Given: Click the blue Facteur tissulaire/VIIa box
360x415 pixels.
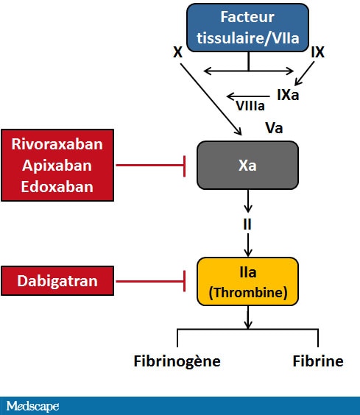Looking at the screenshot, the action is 247,27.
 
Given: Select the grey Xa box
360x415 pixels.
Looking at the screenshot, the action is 247,165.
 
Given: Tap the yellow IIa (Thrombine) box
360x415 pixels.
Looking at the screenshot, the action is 247,281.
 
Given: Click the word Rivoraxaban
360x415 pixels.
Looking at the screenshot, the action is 57,144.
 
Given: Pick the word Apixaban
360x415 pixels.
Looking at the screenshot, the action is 57,166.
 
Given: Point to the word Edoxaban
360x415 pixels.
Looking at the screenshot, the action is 57,187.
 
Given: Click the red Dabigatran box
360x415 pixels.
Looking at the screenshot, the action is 57,280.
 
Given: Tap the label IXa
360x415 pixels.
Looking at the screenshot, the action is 288,95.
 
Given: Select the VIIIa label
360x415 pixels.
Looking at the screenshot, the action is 250,106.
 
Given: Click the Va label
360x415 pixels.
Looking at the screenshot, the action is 274,128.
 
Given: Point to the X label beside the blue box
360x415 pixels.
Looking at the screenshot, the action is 177,52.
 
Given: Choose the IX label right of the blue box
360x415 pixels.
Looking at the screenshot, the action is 317,52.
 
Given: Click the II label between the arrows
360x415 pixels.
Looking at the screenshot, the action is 247,224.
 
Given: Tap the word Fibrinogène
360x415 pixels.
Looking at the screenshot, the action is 177,361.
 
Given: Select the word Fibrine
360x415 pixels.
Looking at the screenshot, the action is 318,361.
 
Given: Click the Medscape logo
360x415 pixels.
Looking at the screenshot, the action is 33,406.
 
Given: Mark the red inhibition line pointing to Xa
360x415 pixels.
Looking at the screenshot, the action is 150,166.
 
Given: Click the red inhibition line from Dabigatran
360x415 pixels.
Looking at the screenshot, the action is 150,281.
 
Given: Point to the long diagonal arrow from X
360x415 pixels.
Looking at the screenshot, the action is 211,99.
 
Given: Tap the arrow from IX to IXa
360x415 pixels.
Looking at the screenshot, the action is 304,74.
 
